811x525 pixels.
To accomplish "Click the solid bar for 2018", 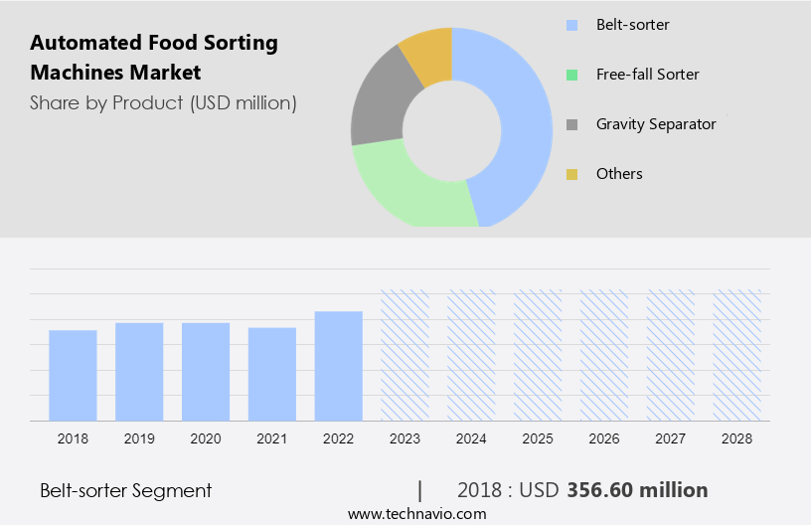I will coord(73,376).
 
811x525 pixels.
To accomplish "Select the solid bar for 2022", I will coord(338,366).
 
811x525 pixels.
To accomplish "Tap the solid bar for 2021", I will coord(272,374).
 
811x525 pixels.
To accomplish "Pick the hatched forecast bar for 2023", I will coord(405,355).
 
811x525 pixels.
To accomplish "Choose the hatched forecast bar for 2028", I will coord(736,355).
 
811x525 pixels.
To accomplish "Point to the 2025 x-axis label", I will coord(538,438).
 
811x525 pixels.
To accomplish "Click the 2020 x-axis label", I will coord(206,438).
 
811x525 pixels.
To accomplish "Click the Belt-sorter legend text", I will coord(632,24).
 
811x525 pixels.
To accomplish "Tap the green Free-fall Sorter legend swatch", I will coord(571,75).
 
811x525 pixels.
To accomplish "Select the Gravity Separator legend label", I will coord(656,124).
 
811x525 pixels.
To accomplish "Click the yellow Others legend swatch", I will coord(571,174).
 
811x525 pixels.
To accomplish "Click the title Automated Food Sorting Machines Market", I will coord(154,57).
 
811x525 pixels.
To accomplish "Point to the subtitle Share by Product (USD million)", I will coord(163,102).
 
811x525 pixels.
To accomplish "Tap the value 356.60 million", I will coord(637,490).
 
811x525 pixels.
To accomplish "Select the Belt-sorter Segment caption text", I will coord(126,490).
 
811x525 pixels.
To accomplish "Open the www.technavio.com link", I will coord(416,514).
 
